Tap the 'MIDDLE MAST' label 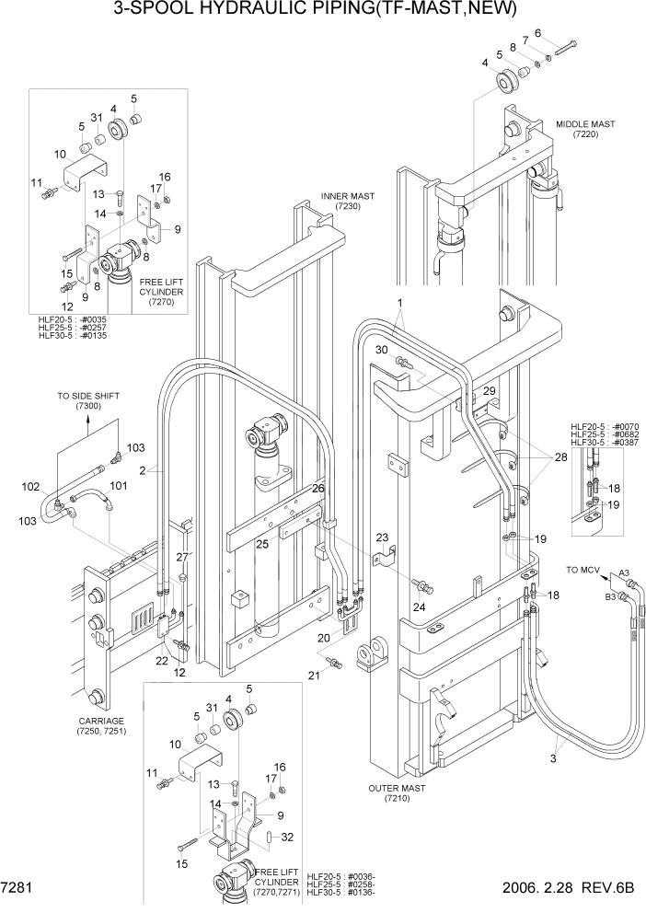pyautogui.click(x=585, y=123)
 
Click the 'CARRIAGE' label pyautogui.click(x=102, y=721)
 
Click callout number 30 pyautogui.click(x=381, y=350)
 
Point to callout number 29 pyautogui.click(x=489, y=391)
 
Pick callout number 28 pyautogui.click(x=560, y=457)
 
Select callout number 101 pyautogui.click(x=119, y=485)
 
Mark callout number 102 pyautogui.click(x=31, y=487)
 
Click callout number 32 pyautogui.click(x=287, y=837)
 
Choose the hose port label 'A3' pyautogui.click(x=624, y=572)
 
